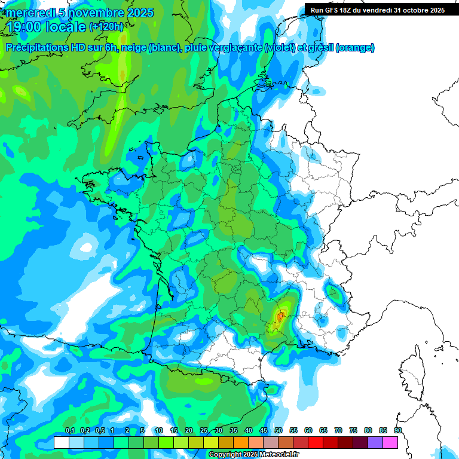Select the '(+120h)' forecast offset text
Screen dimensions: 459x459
pyautogui.click(x=106, y=27)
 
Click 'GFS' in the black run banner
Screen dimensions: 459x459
pyautogui.click(x=335, y=10)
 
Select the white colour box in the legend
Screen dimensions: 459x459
pyautogui.click(x=61, y=442)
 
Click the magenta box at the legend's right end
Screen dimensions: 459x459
pyautogui.click(x=390, y=442)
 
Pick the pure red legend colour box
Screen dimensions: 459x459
pyautogui.click(x=316, y=442)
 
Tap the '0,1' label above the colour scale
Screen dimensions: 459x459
pyautogui.click(x=70, y=430)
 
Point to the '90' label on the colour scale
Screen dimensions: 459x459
pyautogui.click(x=398, y=430)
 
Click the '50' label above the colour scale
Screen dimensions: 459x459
pyautogui.click(x=279, y=430)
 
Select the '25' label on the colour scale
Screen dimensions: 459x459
pyautogui.click(x=204, y=430)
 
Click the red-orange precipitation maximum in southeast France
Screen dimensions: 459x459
pyautogui.click(x=280, y=315)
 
